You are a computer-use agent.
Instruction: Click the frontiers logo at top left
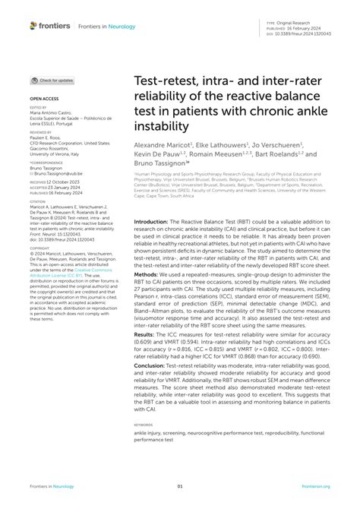click(51, 25)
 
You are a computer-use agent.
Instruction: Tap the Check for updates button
click(52, 80)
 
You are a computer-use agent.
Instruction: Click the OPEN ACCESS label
click(44, 99)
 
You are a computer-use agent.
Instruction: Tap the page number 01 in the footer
click(180, 487)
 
